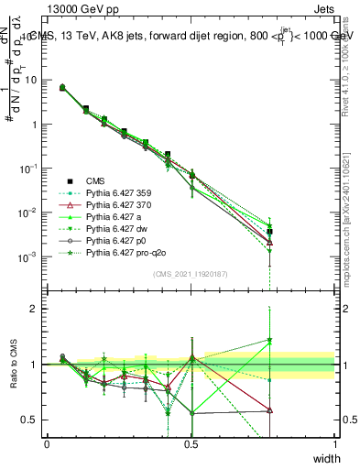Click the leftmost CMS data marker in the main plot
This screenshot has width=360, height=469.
coord(61,88)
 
